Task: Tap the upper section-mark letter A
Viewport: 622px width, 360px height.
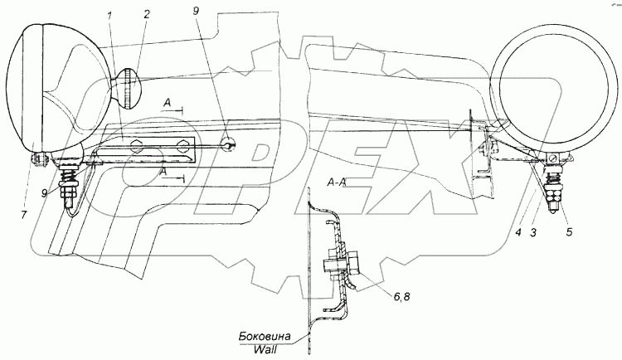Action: (x=168, y=102)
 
